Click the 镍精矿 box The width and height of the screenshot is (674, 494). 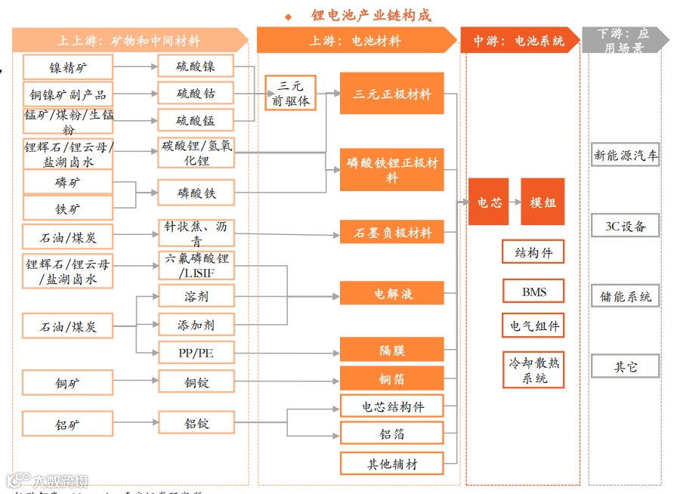coord(67,68)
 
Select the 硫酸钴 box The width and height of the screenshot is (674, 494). coord(196,94)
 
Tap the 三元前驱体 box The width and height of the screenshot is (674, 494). coord(289,94)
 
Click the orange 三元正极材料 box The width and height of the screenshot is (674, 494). coord(391,94)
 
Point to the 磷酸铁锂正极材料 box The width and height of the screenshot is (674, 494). coord(391,170)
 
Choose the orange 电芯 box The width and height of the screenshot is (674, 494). coord(488,202)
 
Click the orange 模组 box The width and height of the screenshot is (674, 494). coord(543,202)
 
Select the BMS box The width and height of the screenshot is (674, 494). coord(533,292)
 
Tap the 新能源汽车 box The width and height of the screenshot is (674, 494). coord(626,156)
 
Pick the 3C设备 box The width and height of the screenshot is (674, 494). coord(626,226)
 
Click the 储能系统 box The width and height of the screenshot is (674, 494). coord(626,297)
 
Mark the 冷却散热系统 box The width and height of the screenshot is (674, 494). coord(534,370)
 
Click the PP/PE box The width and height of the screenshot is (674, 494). coord(196,353)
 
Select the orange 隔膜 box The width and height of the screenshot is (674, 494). coord(391,350)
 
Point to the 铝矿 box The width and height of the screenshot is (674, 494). coord(67,425)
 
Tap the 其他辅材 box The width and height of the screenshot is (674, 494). coord(391,464)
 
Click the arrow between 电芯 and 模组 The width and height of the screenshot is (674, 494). coord(515,202)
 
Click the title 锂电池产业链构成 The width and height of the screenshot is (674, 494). coord(371,15)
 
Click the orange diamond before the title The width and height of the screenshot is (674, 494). coord(288,17)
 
